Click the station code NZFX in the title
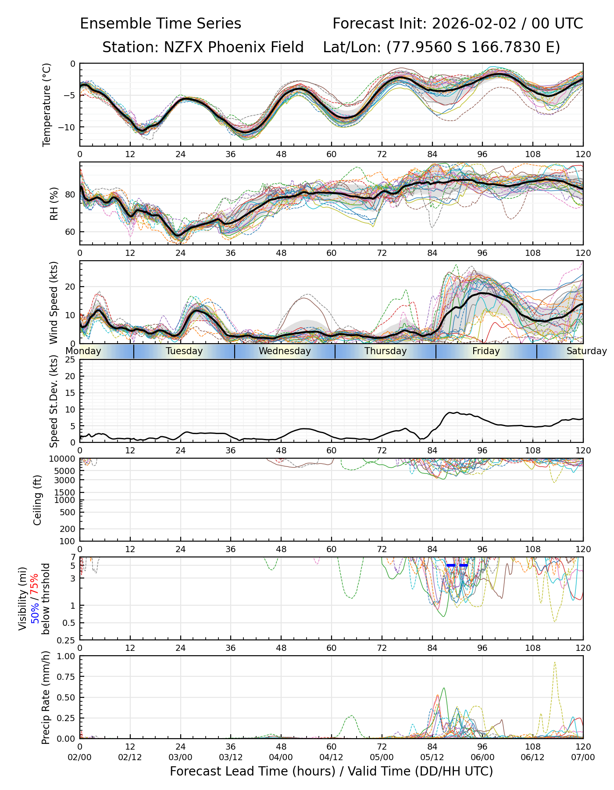[184, 47]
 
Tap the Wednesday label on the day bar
[285, 351]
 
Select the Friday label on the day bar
[486, 351]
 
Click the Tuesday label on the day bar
[184, 351]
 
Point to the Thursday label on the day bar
[386, 351]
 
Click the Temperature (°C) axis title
[47, 104]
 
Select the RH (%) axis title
[54, 203]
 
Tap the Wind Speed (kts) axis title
[54, 302]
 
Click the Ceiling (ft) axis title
[38, 500]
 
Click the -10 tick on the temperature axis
[69, 127]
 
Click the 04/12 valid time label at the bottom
[331, 758]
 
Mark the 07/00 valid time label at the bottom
[583, 758]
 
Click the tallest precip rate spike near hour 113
[555, 663]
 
